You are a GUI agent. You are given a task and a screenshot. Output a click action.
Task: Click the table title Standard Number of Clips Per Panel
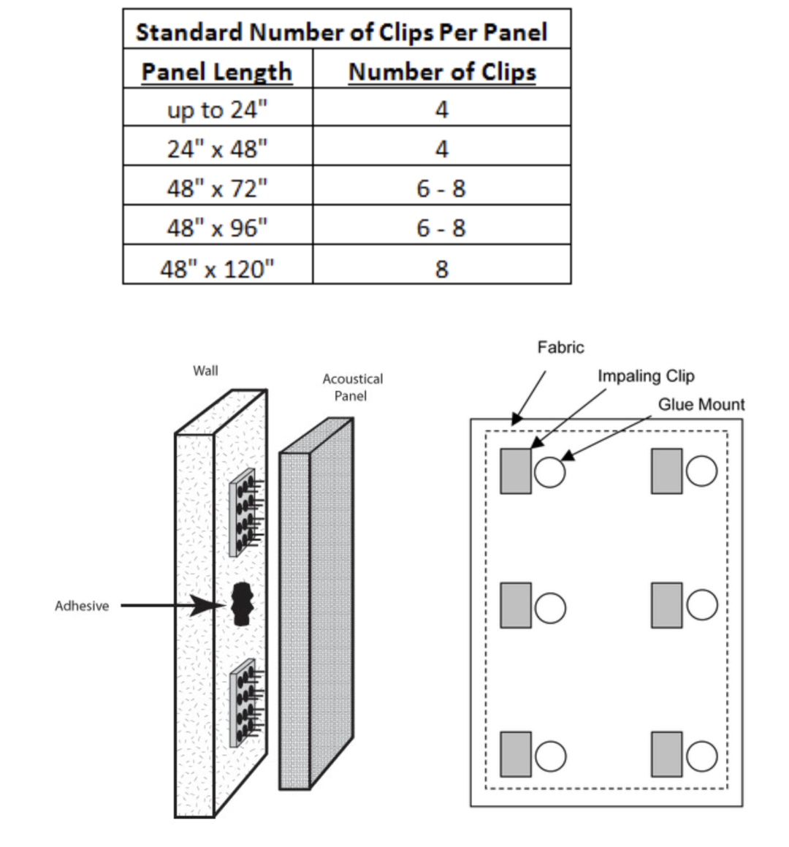(x=341, y=31)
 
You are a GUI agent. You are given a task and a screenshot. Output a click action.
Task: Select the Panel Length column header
(x=216, y=72)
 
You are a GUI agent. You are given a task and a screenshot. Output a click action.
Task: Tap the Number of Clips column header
(x=442, y=72)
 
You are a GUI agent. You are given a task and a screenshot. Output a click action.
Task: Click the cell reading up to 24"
(x=217, y=110)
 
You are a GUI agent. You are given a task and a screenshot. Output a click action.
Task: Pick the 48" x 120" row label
(x=217, y=268)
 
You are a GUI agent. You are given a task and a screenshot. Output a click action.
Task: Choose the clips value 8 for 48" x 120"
(x=441, y=268)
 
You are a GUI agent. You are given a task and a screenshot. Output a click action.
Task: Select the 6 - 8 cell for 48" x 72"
(x=441, y=189)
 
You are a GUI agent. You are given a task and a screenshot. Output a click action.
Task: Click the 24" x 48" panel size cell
(x=217, y=149)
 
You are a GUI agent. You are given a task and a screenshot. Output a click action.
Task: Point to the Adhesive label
(x=82, y=606)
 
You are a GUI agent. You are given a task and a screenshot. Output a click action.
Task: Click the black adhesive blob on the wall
(x=241, y=604)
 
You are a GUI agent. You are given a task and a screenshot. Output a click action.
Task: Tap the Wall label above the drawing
(x=205, y=371)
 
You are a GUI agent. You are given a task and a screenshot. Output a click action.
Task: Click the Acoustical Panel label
(x=353, y=387)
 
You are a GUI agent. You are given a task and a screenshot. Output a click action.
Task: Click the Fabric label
(x=560, y=347)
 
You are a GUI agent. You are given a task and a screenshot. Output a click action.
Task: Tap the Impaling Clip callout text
(x=646, y=376)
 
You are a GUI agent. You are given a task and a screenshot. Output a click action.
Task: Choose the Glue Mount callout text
(x=701, y=404)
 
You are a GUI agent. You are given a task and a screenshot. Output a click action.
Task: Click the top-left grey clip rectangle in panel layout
(x=516, y=471)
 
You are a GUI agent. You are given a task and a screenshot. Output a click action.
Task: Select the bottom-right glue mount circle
(x=701, y=756)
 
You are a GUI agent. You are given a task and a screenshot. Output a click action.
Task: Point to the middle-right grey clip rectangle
(x=666, y=605)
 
